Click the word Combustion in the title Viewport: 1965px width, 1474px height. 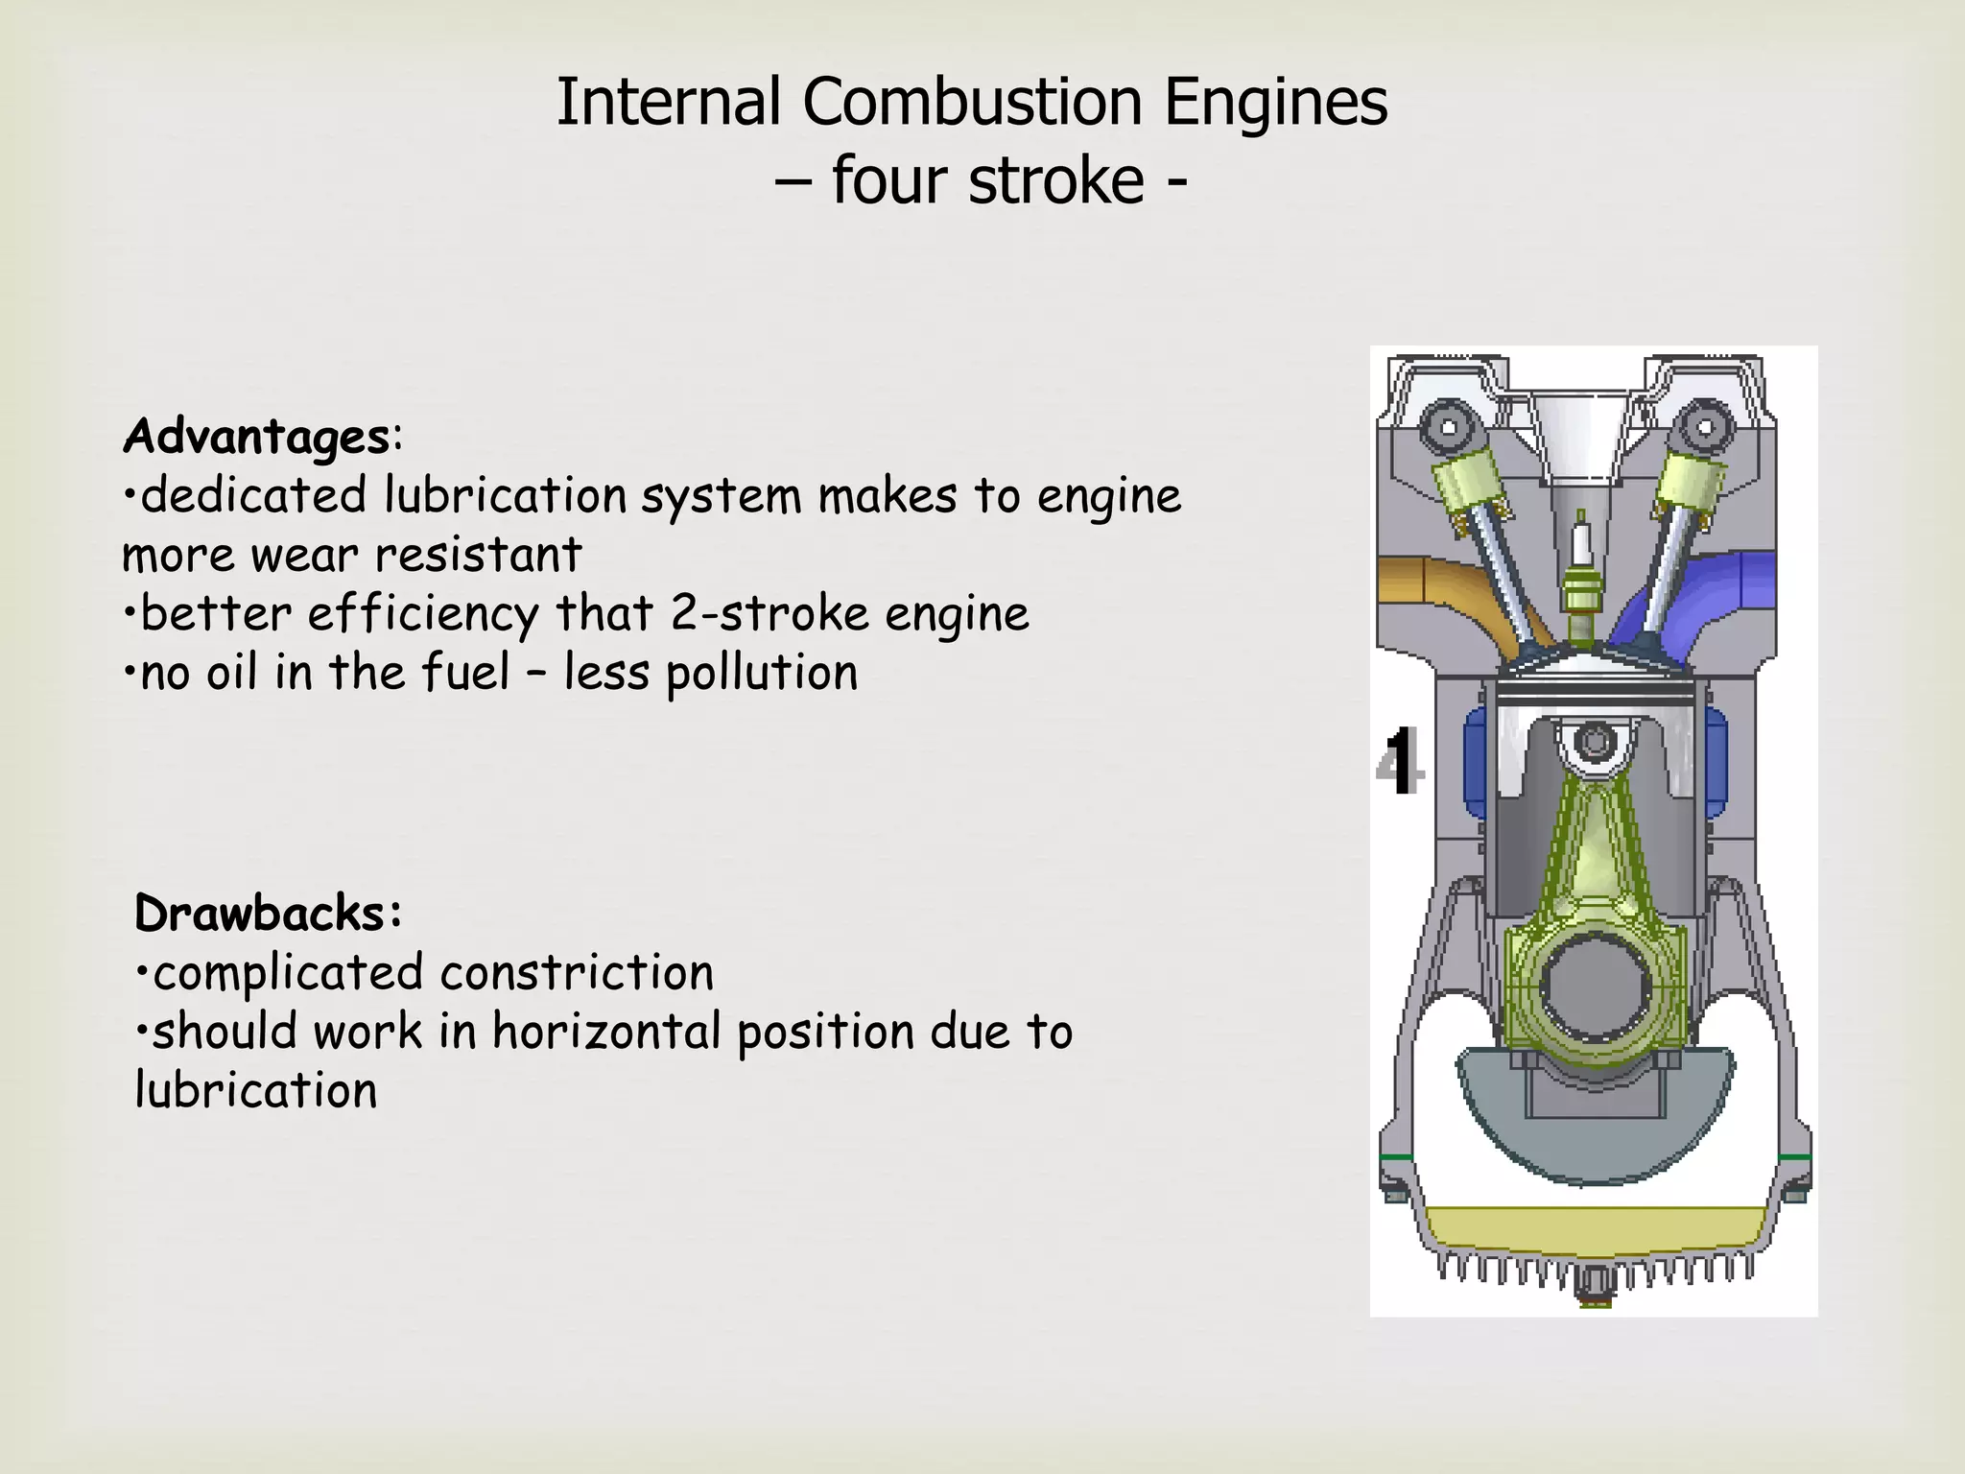[972, 102]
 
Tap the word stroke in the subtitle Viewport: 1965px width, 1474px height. [1056, 180]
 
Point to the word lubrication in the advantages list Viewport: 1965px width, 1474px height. [505, 496]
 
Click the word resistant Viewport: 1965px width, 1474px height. [478, 555]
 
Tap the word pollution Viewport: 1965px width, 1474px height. [761, 673]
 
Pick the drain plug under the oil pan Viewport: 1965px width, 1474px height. [1594, 1286]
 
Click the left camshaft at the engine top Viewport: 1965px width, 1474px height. [1448, 428]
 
